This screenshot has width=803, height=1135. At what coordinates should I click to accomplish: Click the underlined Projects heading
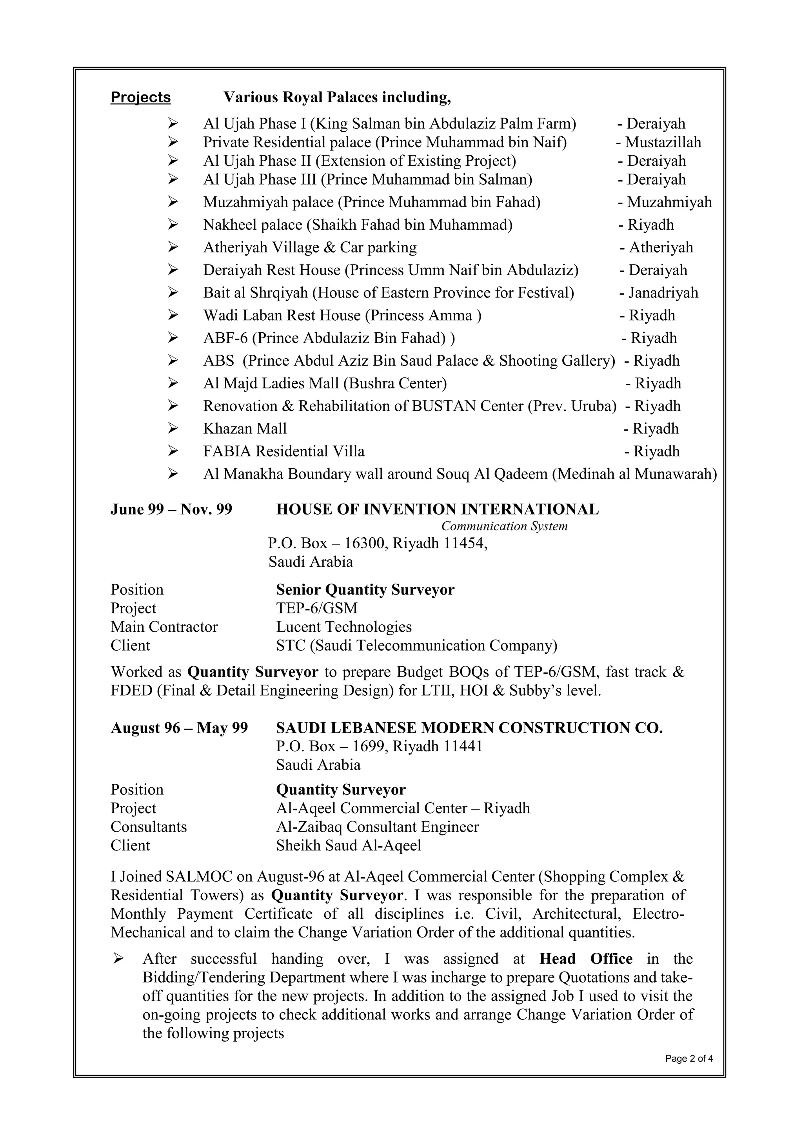pos(140,97)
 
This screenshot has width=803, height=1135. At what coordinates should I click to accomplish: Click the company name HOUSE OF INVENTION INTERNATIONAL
pos(437,509)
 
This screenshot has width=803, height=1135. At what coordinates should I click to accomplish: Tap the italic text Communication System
pos(504,526)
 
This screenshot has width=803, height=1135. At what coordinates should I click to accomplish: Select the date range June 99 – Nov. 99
pos(171,509)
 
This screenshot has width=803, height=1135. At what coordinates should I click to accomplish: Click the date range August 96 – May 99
pos(179,728)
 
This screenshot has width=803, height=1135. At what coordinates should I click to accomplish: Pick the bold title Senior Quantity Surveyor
pos(365,590)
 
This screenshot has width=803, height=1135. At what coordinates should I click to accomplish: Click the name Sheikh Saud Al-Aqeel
pos(349,846)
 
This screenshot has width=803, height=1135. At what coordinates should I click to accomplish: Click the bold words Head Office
pos(585,959)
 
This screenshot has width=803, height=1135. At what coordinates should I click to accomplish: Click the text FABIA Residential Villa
pos(284,451)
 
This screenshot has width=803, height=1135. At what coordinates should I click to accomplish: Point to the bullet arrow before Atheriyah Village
pos(173,247)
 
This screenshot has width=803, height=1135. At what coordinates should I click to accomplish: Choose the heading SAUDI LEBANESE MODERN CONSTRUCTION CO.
pos(469,728)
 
